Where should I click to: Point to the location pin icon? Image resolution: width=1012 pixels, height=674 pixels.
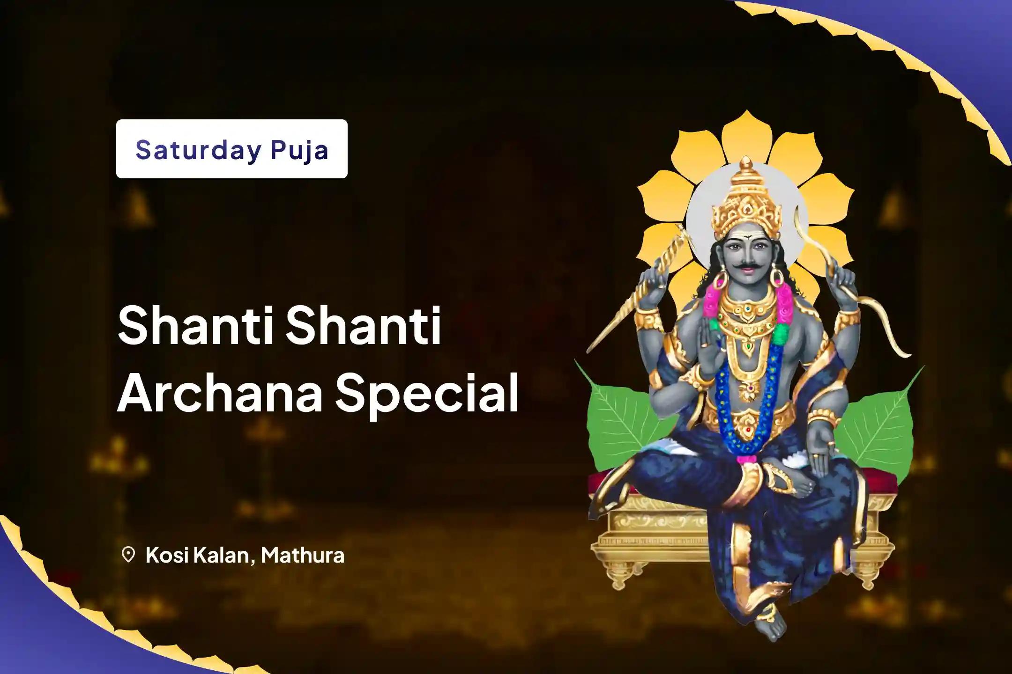[x=128, y=555]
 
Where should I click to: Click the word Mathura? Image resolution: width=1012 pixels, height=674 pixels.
[x=303, y=555]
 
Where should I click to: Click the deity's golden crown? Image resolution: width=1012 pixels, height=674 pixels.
[x=747, y=201]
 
